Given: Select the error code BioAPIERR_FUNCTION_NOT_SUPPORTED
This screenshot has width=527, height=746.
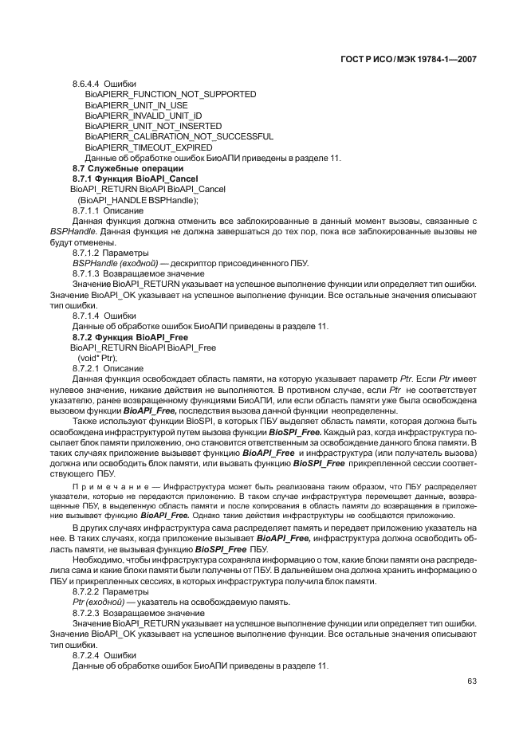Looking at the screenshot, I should [171, 94].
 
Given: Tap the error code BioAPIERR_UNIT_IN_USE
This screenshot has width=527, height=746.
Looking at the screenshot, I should [136, 105].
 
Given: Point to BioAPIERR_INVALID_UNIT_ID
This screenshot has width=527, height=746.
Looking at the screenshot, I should [144, 116].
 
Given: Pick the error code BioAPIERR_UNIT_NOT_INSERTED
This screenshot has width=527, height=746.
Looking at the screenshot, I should [153, 126].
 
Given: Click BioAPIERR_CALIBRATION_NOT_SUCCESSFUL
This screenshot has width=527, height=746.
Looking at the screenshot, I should [179, 136].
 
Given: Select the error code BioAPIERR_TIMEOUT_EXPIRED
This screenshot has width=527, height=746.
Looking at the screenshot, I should [148, 147].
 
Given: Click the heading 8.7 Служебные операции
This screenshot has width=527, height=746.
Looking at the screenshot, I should [128, 168].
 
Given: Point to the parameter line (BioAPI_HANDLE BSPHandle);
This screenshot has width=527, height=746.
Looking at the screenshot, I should [137, 200].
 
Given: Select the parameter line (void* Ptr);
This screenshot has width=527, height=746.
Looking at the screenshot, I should [96, 358].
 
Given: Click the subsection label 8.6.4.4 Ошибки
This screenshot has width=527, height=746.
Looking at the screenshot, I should [104, 84].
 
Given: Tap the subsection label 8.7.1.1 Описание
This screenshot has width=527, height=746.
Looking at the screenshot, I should [108, 210].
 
